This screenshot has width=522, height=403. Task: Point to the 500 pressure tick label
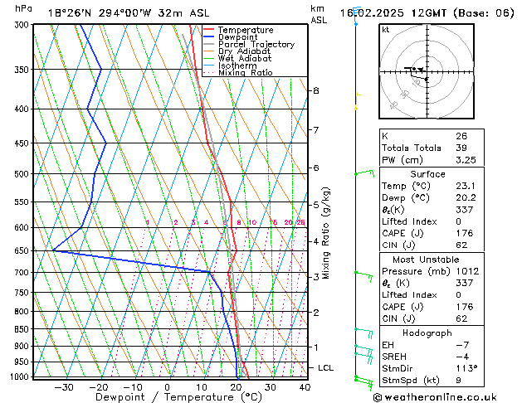(21, 174)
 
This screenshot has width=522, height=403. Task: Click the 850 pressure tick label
(21, 329)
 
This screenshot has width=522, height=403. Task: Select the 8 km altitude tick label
(316, 90)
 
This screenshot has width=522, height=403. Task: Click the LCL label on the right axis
(326, 367)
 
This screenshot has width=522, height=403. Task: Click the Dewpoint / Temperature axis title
(168, 397)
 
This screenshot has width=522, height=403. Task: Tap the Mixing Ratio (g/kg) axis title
(326, 232)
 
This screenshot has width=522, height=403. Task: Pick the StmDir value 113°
(466, 368)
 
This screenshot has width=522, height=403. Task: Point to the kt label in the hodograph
(386, 29)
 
